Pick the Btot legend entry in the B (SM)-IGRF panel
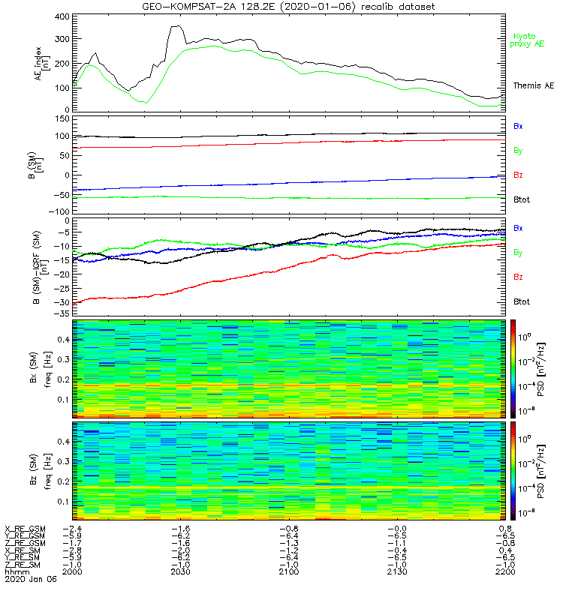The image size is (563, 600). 522,301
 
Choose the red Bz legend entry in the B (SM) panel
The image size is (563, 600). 518,175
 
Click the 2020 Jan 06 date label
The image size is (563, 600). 26,579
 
